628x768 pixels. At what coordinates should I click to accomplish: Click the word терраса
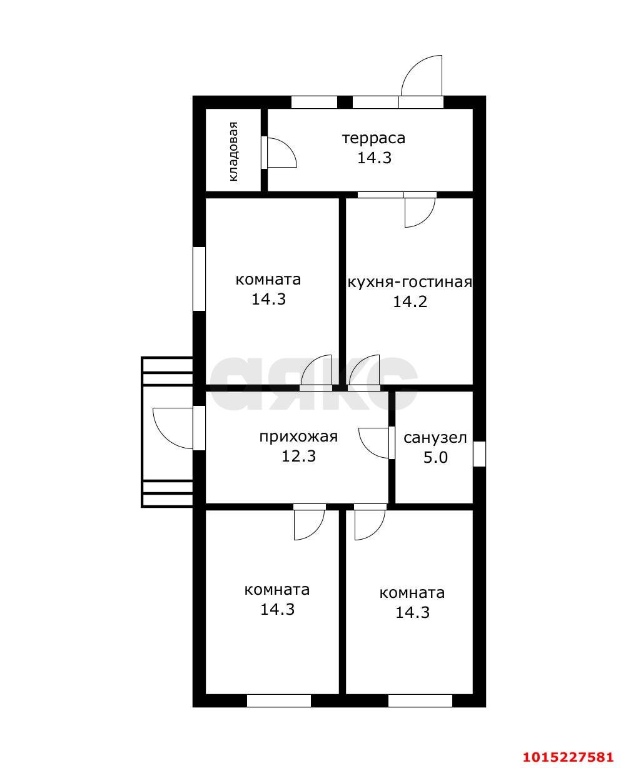374,139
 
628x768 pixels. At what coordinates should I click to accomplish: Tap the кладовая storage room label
233,151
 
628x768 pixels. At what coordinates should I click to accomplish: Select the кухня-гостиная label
410,282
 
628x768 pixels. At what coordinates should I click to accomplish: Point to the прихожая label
299,437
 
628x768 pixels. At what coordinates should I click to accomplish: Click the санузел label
435,437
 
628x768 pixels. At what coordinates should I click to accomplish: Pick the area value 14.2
410,301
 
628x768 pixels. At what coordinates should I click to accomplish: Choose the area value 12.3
299,456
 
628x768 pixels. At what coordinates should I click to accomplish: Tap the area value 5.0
435,457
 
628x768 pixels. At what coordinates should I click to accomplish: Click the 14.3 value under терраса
374,158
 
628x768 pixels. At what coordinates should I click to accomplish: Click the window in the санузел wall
479,454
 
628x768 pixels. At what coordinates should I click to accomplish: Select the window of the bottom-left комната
279,701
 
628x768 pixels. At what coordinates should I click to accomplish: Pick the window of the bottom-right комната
420,701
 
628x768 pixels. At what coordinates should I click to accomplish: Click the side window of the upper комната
199,279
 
